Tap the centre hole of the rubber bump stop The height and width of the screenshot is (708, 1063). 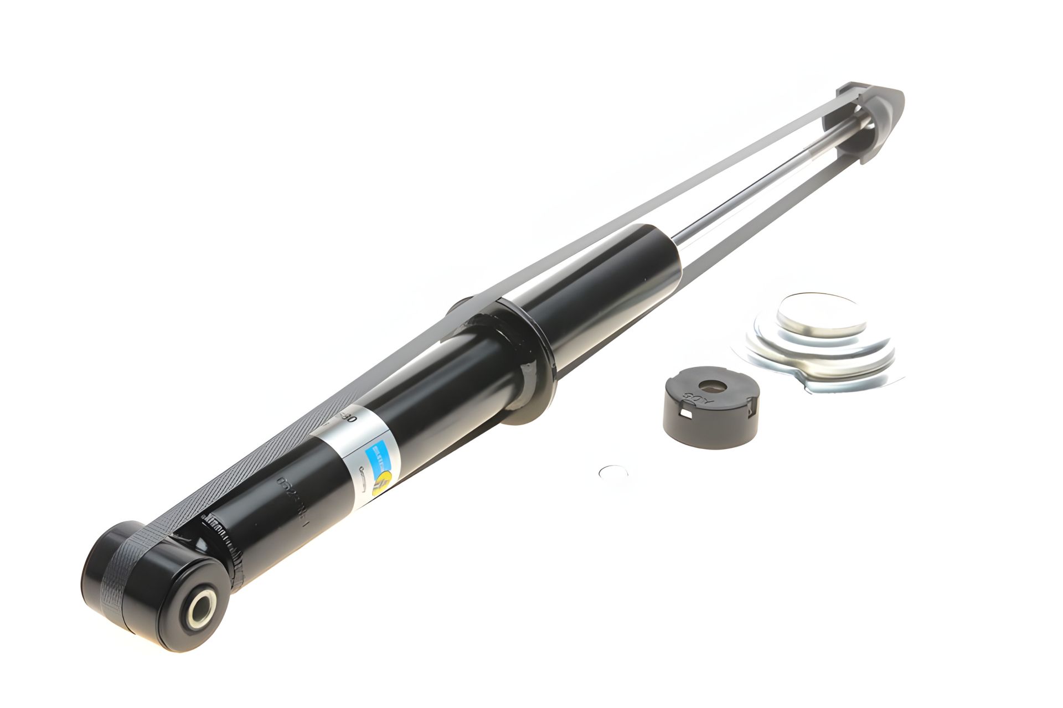pos(708,386)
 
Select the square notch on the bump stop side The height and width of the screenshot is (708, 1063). pos(688,427)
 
